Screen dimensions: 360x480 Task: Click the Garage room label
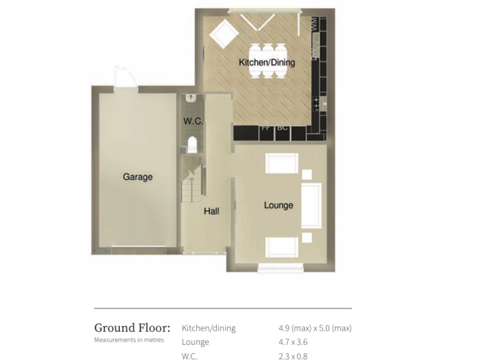tap(137, 177)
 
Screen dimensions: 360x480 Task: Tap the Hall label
tap(211, 211)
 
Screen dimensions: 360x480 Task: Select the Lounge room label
tap(278, 205)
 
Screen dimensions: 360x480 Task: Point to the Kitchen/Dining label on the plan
tap(267, 62)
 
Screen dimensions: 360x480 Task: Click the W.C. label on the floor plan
tap(193, 121)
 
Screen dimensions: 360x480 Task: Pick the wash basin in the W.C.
tap(191, 98)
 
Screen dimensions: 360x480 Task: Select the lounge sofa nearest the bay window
tap(280, 247)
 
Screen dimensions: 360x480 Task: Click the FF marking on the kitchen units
tap(265, 129)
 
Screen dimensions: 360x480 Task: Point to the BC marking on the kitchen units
tap(282, 129)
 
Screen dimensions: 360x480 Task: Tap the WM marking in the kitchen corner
tap(311, 24)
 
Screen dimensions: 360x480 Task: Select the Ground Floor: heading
tap(131, 328)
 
